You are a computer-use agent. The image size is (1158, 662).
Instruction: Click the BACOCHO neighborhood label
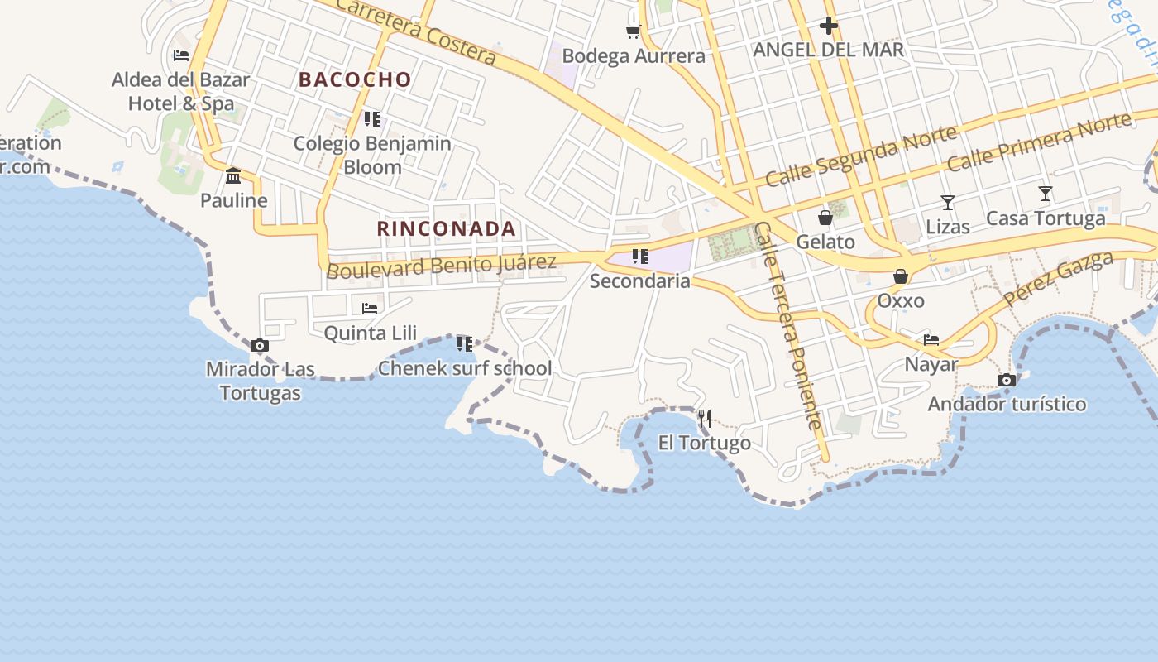pos(355,79)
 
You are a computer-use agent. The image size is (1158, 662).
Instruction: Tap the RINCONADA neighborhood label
pos(447,228)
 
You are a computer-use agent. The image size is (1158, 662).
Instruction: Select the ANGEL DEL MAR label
pos(828,50)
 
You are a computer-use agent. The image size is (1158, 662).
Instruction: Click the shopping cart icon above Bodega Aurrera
pos(633,31)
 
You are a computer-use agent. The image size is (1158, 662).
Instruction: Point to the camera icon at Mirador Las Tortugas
pos(259,345)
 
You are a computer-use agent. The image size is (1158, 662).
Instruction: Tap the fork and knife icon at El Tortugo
pos(705,419)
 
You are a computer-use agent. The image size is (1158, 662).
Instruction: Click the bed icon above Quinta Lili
pos(370,309)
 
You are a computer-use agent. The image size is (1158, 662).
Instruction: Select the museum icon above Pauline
pos(233,175)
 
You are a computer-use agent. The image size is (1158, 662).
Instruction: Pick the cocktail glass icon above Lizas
pos(948,203)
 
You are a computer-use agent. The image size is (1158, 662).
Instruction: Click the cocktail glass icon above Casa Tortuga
pos(1046,194)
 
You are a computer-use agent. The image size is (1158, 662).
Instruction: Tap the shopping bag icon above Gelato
pos(825,218)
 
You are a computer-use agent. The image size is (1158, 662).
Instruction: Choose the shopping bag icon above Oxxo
pos(900,276)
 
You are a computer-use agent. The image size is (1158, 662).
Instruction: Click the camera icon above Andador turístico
pos(1007,380)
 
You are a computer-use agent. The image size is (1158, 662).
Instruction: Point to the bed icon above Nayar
pos(931,339)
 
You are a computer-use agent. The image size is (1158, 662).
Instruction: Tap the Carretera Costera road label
pos(416,31)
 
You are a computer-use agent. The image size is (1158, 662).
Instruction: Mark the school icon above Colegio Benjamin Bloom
pos(372,119)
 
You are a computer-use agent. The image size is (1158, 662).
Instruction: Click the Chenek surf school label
pos(465,368)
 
